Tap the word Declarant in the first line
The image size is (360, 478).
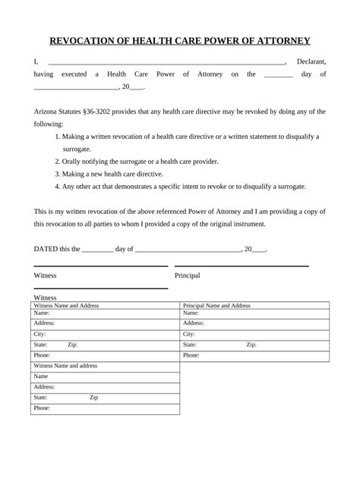click(x=311, y=61)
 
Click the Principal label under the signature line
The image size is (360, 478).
click(x=188, y=275)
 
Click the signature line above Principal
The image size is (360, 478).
click(x=242, y=266)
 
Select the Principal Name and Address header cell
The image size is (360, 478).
click(x=217, y=305)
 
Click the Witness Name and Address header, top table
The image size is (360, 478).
click(x=67, y=305)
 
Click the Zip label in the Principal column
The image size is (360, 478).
click(x=251, y=344)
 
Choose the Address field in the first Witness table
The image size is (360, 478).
click(x=105, y=322)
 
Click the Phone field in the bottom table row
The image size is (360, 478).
click(x=105, y=408)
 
